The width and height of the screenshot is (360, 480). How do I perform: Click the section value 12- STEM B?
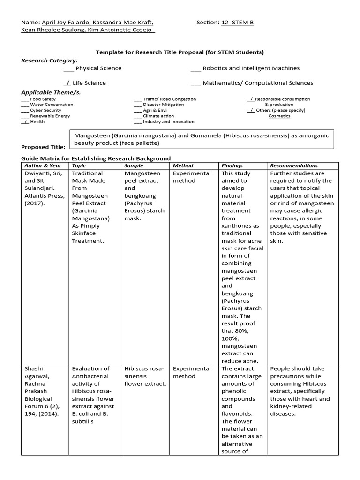click(237, 22)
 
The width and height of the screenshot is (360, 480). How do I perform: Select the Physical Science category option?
click(92, 68)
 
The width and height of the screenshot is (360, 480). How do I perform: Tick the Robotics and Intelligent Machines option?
click(245, 68)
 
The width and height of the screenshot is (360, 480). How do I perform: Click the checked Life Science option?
click(85, 83)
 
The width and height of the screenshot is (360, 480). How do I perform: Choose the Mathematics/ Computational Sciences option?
click(252, 83)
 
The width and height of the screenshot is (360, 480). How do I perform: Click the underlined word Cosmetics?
click(279, 116)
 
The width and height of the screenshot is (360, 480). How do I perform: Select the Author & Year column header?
click(43, 165)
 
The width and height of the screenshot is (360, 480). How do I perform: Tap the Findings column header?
click(232, 165)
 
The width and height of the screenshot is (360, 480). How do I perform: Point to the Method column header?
click(183, 165)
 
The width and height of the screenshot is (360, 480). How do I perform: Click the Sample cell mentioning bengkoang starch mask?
click(144, 195)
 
